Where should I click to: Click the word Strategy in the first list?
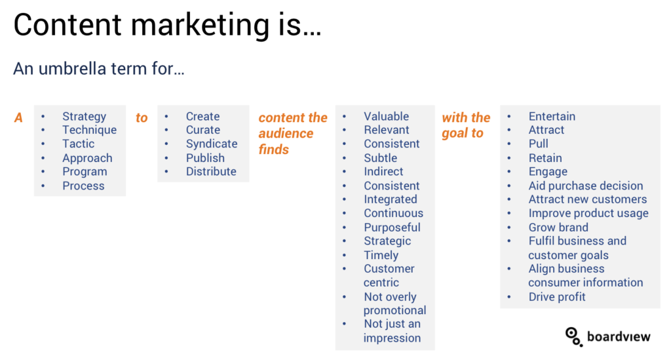pos(85,117)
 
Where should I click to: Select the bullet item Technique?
pos(89,130)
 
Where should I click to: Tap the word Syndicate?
pos(212,144)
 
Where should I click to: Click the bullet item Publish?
pos(205,158)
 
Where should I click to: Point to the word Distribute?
pos(211,171)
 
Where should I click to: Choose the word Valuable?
pos(387,117)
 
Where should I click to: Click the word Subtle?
pos(381,158)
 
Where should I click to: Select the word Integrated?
pos(391,199)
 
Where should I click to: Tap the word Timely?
pos(381,256)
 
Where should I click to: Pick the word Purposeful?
pos(392,228)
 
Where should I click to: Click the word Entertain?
pos(552,117)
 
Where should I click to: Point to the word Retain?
pos(545,158)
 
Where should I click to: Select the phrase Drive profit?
pos(557,296)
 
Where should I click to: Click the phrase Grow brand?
pos(558,228)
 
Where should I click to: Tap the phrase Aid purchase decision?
pos(585,186)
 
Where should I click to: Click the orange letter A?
pos(18,118)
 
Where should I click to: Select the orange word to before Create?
pos(142,118)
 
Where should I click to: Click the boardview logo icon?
pos(573,336)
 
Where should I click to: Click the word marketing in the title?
pos(199,26)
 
